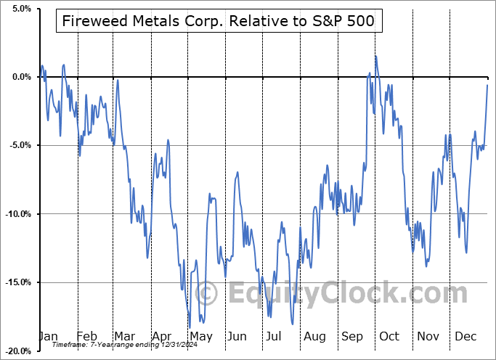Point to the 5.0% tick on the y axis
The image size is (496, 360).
[x=20, y=9]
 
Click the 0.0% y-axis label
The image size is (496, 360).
[x=20, y=77]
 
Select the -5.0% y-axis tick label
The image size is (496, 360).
[x=19, y=145]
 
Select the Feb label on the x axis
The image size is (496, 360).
[x=86, y=336]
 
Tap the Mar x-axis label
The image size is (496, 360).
[x=123, y=336]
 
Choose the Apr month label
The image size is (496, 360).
[x=161, y=336]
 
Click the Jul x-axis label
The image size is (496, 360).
[x=274, y=336]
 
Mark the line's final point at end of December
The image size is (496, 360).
[x=487, y=86]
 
